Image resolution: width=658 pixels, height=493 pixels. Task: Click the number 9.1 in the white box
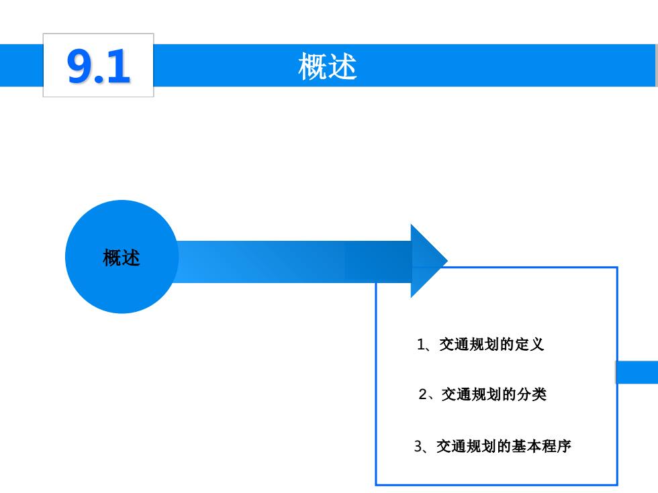99,66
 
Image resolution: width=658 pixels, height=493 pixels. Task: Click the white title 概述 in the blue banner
328,66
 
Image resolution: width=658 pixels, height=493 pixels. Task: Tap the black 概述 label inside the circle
122,258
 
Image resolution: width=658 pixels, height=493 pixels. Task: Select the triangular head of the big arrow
429,261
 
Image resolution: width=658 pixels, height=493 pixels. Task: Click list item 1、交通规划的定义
481,345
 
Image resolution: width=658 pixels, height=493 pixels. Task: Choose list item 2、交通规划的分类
483,394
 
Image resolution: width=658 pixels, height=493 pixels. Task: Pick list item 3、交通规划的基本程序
493,446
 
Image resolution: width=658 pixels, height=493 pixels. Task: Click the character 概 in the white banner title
312,66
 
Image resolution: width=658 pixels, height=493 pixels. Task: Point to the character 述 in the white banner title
342,66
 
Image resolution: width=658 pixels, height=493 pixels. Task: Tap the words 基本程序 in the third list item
541,446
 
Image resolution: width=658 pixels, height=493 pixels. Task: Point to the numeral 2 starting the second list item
422,394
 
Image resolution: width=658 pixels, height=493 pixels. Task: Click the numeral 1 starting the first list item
421,345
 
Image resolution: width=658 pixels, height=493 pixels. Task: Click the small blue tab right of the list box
637,372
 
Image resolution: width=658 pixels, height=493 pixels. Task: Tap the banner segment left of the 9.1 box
21,66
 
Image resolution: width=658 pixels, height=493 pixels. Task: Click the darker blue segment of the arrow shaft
378,262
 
